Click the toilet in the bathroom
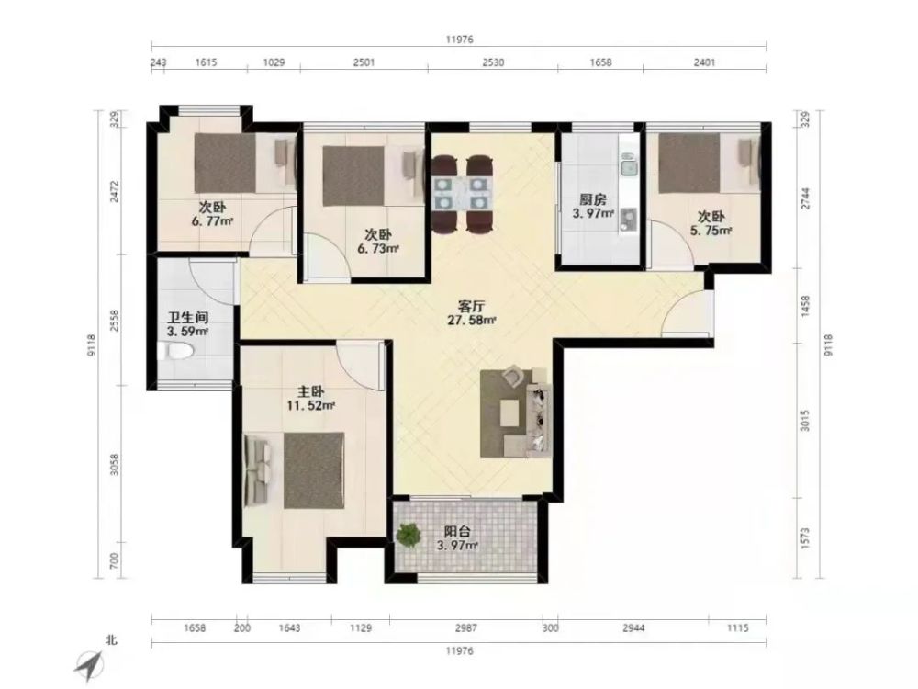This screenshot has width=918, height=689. coord(174,352)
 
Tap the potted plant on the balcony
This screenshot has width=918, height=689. coord(409,535)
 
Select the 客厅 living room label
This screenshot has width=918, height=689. coord(471,306)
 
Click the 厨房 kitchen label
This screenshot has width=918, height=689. coord(592,198)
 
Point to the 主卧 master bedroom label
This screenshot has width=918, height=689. coord(309,390)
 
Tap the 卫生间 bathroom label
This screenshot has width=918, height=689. coord(188,318)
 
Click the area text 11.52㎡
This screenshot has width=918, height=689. coord(310,405)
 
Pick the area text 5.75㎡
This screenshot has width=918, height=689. coord(711,231)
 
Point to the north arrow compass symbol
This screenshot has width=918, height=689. coord(90,663)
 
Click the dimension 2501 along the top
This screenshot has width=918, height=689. coord(364,62)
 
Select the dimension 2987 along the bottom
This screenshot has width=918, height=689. coord(466,627)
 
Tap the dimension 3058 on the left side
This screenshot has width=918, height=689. coord(115,464)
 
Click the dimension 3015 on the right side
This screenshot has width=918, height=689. coord(805,420)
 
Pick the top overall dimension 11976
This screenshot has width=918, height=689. coord(459,40)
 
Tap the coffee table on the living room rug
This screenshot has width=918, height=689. coord(509,412)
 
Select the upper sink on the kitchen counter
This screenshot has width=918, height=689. coord(629,167)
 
